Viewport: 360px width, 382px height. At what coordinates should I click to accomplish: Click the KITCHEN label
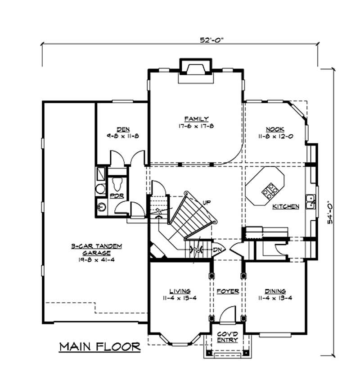tap(286, 207)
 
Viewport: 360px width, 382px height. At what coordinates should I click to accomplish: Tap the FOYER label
tap(227, 291)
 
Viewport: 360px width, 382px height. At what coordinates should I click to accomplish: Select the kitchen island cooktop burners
tap(270, 191)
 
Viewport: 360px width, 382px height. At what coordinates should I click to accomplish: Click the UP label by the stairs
tap(207, 202)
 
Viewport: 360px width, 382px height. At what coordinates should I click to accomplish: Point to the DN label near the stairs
tap(218, 249)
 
